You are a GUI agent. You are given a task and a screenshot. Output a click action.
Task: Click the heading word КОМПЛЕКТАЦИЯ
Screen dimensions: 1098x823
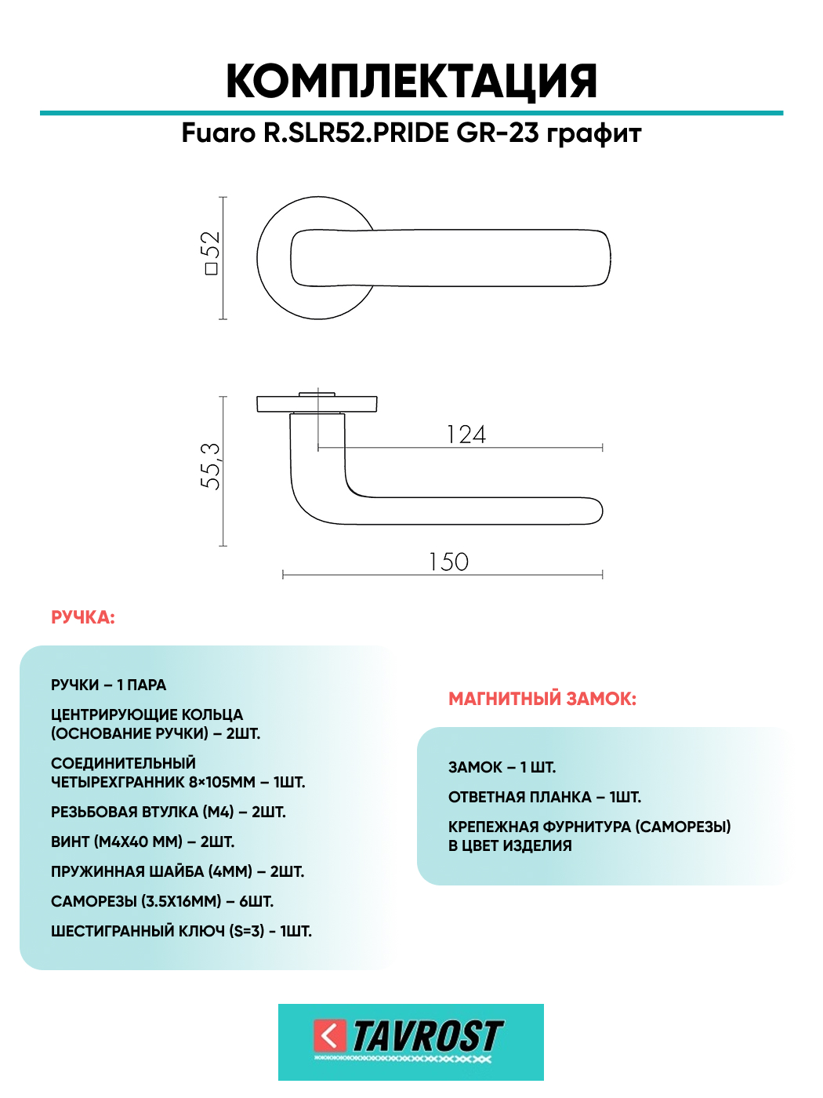(x=411, y=82)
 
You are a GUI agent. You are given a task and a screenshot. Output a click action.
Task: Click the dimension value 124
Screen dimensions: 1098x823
(x=466, y=434)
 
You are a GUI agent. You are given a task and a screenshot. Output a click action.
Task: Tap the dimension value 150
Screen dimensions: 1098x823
(x=448, y=562)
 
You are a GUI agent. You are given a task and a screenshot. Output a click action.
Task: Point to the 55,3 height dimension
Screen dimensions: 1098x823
(x=210, y=467)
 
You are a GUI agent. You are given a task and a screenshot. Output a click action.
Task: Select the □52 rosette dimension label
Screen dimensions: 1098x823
(x=210, y=253)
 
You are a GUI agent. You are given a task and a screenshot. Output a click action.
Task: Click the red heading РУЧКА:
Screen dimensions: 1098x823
(x=83, y=618)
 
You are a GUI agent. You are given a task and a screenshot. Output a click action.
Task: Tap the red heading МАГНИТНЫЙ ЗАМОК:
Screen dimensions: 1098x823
(x=542, y=699)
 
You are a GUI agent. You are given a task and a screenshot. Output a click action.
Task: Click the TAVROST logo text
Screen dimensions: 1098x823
(x=428, y=1037)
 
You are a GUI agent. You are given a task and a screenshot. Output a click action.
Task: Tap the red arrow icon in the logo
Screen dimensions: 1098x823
(x=330, y=1036)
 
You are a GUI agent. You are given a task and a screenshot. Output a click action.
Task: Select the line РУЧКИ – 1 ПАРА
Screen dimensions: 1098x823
(x=109, y=685)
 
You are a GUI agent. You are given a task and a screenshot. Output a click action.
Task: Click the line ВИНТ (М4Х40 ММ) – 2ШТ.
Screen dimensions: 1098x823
(x=143, y=842)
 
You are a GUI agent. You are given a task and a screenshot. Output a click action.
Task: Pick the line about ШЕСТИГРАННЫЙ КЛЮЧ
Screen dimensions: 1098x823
(x=181, y=932)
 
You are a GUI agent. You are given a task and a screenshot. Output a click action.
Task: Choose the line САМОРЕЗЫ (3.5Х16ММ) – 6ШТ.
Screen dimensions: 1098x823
(x=162, y=902)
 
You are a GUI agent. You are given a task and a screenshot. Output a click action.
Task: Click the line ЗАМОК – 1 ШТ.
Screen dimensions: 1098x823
(x=502, y=768)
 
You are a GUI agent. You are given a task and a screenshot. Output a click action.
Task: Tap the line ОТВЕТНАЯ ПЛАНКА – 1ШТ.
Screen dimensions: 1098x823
(x=545, y=798)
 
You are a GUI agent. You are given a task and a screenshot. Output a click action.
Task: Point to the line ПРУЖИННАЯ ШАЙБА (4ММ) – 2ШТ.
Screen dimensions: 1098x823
(x=177, y=872)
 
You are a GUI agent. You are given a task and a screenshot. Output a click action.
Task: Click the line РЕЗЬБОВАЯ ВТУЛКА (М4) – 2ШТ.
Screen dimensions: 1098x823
(x=169, y=813)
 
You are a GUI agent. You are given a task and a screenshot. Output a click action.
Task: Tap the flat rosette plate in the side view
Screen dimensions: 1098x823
(x=317, y=405)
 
